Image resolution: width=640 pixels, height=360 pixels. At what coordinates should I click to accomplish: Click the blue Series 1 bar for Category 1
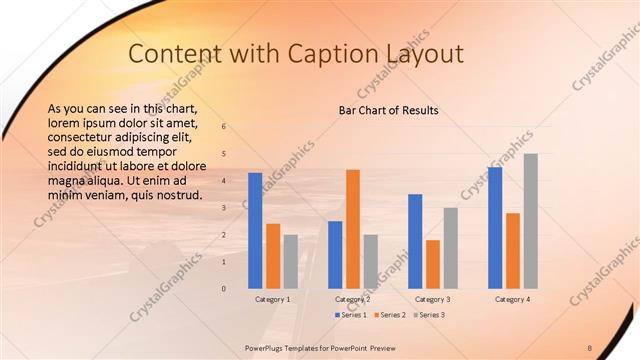pyautogui.click(x=255, y=230)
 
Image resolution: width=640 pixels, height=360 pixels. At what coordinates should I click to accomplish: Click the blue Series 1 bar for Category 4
pyautogui.click(x=495, y=227)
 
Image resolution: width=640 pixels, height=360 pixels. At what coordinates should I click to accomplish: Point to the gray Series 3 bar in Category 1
pyautogui.click(x=290, y=261)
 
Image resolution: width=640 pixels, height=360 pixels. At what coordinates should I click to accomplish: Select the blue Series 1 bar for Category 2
pyautogui.click(x=335, y=254)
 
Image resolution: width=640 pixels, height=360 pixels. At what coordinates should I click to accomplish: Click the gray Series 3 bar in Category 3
pyautogui.click(x=450, y=247)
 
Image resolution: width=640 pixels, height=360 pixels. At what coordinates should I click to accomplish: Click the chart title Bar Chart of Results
pyautogui.click(x=388, y=110)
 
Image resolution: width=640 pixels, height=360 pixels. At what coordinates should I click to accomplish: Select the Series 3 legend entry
pyautogui.click(x=429, y=315)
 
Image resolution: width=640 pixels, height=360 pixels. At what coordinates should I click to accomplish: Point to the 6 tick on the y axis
pyautogui.click(x=224, y=126)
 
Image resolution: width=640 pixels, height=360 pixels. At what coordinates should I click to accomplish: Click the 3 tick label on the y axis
pyautogui.click(x=224, y=207)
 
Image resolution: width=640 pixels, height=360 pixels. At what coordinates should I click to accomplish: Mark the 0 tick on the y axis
pyautogui.click(x=224, y=288)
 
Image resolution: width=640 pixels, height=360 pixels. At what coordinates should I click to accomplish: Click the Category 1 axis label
pyautogui.click(x=272, y=299)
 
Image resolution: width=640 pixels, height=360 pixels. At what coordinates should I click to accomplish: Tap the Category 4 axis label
pyautogui.click(x=512, y=299)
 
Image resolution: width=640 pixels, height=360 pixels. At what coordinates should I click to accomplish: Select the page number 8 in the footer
pyautogui.click(x=590, y=347)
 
